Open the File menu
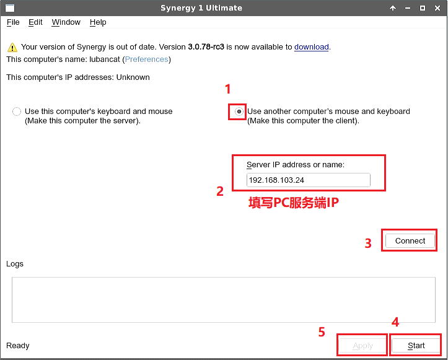coord(13,22)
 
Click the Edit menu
coord(35,22)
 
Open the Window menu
coord(66,22)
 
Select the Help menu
coord(98,22)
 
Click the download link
coord(312,47)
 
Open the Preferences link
coord(147,59)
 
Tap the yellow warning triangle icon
coord(12,47)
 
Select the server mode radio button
coord(17,112)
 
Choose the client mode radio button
coord(239,112)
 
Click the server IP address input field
coord(309,180)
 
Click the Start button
coord(416,345)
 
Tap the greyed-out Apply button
coord(362,346)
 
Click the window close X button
coord(437,8)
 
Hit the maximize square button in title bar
coord(423,8)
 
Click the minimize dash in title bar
coord(408,8)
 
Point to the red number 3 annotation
coord(368,244)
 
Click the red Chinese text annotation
coord(294,203)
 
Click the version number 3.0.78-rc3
coord(206,47)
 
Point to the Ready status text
coord(18,346)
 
